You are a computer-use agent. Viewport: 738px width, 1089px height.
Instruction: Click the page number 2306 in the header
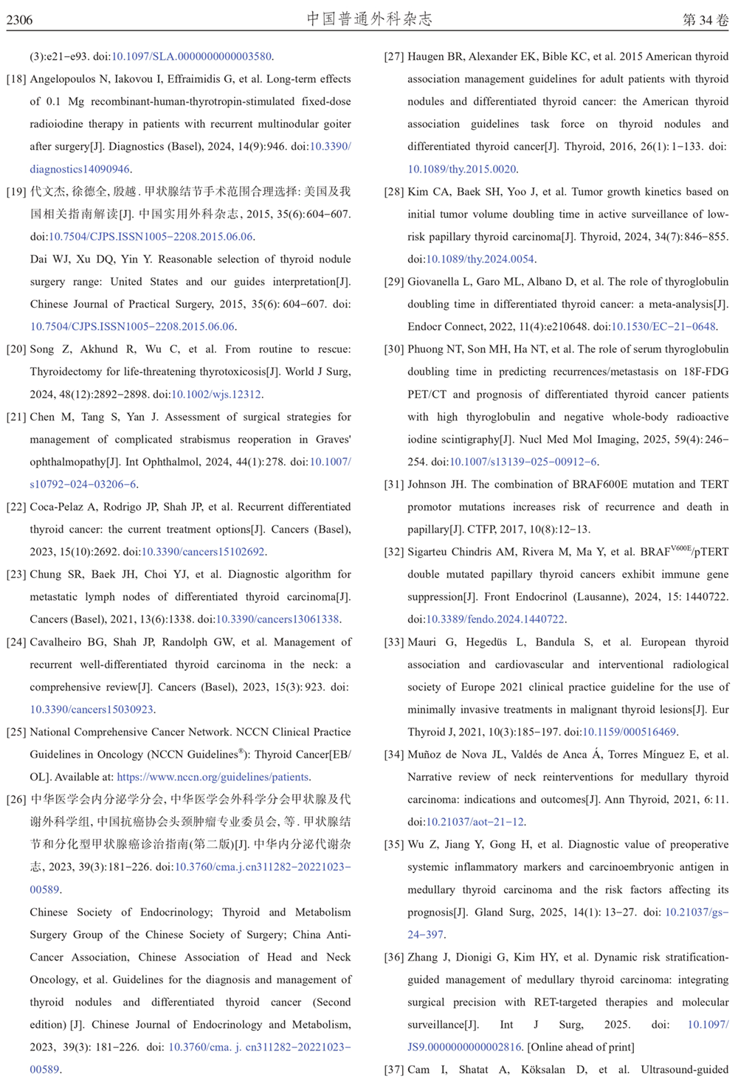20,20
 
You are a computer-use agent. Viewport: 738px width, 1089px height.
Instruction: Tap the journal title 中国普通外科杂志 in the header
369,19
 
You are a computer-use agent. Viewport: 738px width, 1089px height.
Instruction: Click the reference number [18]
16,79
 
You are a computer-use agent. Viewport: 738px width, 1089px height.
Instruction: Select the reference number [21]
16,417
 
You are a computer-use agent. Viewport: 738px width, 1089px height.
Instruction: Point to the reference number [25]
16,732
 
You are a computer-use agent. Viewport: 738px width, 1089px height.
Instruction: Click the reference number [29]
394,282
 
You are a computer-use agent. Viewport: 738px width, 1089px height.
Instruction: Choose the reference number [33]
394,642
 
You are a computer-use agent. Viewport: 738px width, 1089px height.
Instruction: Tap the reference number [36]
394,957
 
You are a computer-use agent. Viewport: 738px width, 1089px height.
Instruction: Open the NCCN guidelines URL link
213,777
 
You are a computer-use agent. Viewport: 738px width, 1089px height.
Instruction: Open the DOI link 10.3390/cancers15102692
203,552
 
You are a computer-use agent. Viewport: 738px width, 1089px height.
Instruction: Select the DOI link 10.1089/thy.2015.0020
462,169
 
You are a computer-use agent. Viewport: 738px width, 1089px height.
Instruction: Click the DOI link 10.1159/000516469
630,732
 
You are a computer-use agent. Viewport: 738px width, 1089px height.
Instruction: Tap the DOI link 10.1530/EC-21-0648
663,327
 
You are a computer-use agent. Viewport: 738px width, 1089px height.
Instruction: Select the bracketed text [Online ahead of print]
581,1047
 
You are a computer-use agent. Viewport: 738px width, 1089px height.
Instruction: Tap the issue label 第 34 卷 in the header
706,20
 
